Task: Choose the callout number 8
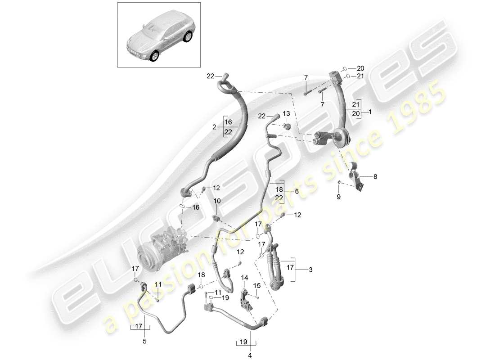tap(375, 177)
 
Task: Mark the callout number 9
tap(339, 197)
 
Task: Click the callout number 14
tap(244, 279)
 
